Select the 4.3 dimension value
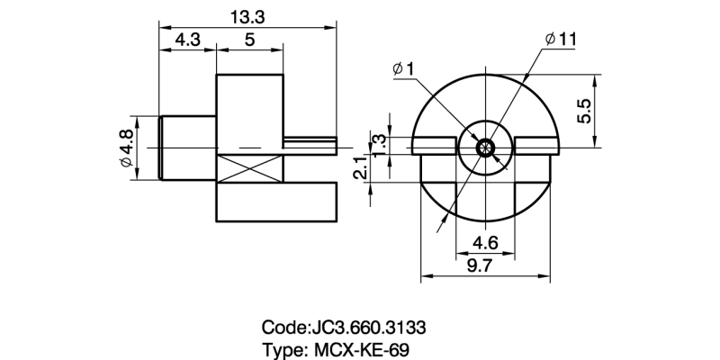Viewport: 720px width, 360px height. tap(187, 40)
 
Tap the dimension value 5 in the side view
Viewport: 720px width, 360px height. tap(249, 40)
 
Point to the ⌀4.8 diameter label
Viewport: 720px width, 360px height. tap(125, 148)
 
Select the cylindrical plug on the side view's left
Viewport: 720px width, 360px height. tap(188, 147)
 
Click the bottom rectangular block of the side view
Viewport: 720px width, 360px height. tap(276, 203)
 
